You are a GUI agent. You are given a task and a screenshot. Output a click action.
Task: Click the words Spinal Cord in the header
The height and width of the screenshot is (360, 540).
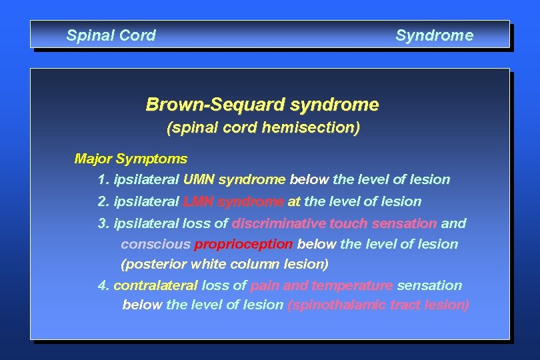pyautogui.click(x=111, y=35)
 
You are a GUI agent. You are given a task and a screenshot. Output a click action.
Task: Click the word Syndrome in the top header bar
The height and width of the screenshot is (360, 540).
pyautogui.click(x=434, y=35)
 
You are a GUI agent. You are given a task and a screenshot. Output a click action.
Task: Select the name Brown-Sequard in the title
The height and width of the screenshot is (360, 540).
pyautogui.click(x=216, y=105)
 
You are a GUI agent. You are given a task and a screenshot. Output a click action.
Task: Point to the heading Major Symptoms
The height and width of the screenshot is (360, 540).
pyautogui.click(x=131, y=159)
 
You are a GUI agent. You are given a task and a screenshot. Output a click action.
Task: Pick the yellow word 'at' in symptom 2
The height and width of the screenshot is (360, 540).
pyautogui.click(x=294, y=201)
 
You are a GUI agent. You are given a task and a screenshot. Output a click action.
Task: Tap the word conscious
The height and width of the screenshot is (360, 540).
pyautogui.click(x=155, y=244)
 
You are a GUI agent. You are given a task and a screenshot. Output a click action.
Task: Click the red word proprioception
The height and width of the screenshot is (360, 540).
pyautogui.click(x=243, y=244)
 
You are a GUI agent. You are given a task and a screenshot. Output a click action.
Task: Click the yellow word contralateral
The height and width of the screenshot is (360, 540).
pyautogui.click(x=155, y=285)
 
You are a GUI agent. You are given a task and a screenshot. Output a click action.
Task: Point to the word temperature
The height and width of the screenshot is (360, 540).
pyautogui.click(x=352, y=285)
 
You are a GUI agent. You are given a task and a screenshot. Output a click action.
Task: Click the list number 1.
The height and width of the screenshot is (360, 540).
pyautogui.click(x=103, y=179)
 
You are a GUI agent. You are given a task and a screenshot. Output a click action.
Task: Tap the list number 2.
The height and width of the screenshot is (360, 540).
pyautogui.click(x=103, y=201)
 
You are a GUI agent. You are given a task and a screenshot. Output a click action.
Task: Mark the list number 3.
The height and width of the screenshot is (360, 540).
pyautogui.click(x=103, y=223)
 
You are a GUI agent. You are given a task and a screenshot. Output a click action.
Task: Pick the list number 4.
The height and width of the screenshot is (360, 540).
pyautogui.click(x=103, y=285)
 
